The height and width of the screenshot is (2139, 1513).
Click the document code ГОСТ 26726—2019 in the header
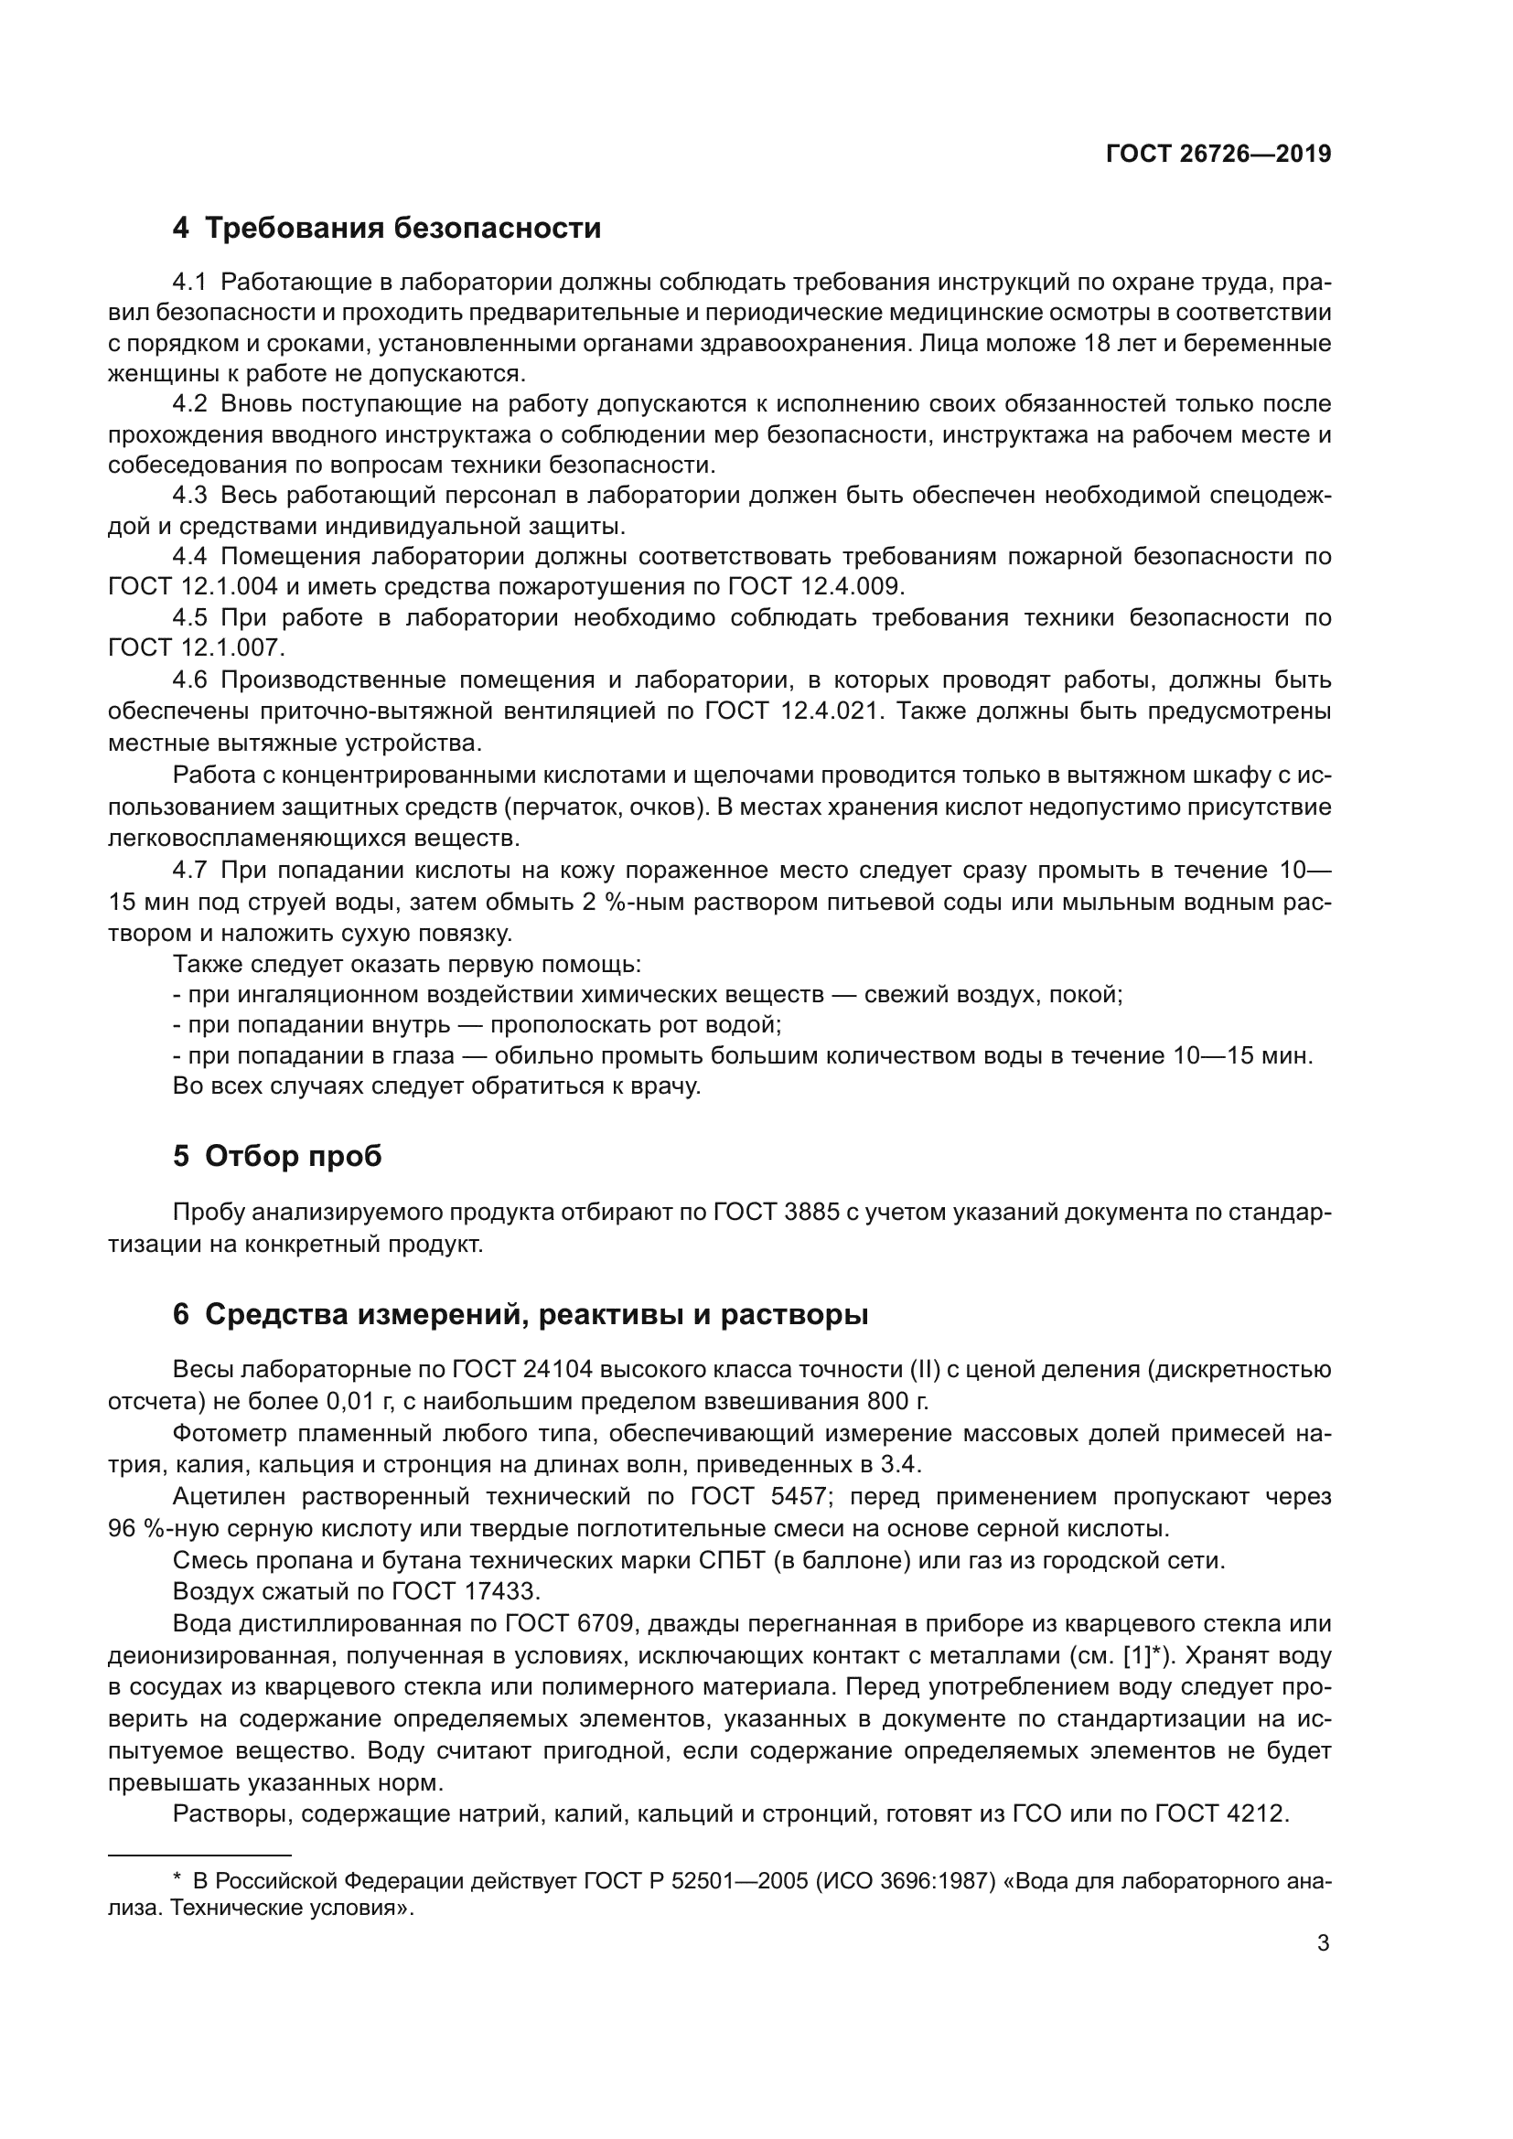tap(1218, 155)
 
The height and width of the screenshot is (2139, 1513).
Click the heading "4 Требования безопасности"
tap(387, 229)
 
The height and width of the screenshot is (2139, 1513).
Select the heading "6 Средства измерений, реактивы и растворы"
tap(520, 1314)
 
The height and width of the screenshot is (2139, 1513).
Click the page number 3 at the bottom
tap(1323, 1943)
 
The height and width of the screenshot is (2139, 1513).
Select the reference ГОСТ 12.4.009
tap(815, 587)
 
